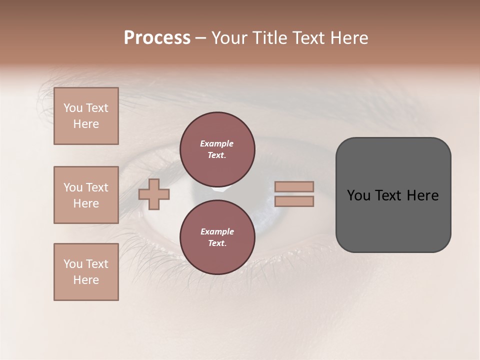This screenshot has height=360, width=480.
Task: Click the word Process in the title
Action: tap(157, 38)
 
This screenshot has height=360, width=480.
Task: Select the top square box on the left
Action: tap(86, 116)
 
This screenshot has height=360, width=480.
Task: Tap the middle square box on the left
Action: tap(86, 195)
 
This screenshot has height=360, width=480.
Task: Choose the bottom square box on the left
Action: tap(86, 272)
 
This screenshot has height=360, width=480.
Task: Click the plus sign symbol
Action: tap(154, 194)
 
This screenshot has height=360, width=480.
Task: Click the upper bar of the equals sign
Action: tap(294, 186)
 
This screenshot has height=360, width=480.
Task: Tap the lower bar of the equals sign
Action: tap(294, 201)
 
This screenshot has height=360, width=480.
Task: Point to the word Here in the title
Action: tap(348, 38)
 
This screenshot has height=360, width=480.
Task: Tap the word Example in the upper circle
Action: tap(217, 143)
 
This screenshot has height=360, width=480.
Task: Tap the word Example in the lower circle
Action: tap(217, 231)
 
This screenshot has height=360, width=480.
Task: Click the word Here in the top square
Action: tap(86, 124)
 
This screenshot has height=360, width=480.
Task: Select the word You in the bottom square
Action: tap(73, 264)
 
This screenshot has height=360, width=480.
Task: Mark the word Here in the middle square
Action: tap(86, 203)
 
